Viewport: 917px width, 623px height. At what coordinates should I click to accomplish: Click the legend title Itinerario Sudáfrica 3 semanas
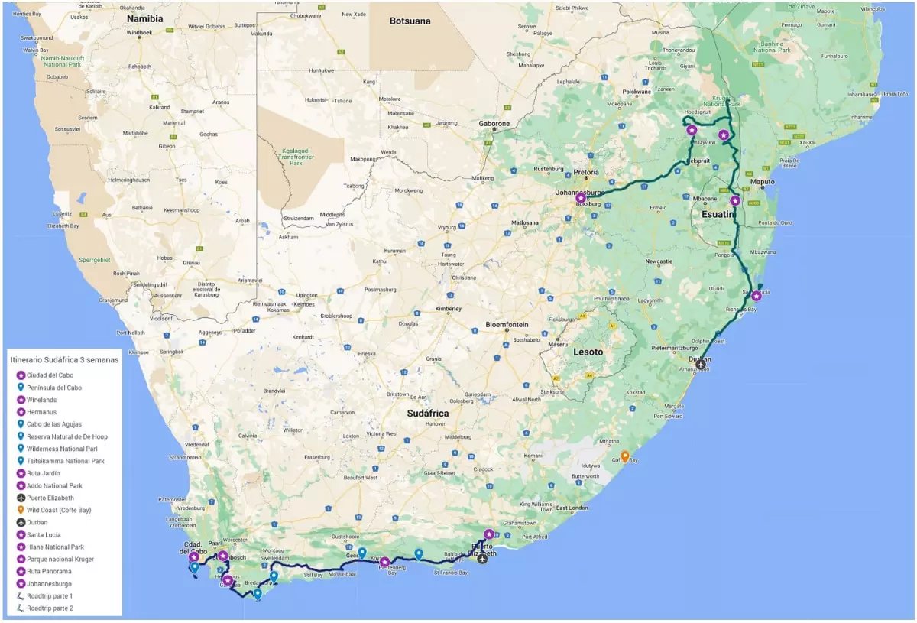(63, 359)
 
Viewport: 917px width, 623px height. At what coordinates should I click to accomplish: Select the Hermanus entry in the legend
(44, 412)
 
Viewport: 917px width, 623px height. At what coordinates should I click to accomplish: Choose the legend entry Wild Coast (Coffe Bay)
(59, 510)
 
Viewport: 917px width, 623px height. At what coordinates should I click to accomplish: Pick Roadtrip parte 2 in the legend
(50, 608)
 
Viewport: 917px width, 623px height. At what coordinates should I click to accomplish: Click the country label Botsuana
(410, 21)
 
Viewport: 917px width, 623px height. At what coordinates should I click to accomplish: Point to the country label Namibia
(145, 18)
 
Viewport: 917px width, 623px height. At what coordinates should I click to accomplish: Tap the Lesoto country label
(588, 352)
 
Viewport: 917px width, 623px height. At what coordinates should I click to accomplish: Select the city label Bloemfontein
(507, 324)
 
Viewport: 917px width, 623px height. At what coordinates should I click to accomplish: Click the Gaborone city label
(494, 123)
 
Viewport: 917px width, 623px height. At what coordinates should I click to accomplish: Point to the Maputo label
(763, 182)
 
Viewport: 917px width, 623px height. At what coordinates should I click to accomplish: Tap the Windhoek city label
(140, 33)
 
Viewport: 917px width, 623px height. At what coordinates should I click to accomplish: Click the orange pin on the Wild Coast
(624, 456)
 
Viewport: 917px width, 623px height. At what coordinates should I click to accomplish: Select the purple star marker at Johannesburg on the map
(581, 198)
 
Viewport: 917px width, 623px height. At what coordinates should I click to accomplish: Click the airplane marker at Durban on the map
(701, 365)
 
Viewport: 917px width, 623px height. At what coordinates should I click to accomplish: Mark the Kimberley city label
(448, 309)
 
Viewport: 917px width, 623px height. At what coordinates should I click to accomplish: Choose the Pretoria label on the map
(586, 173)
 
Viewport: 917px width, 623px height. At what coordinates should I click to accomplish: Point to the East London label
(571, 508)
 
